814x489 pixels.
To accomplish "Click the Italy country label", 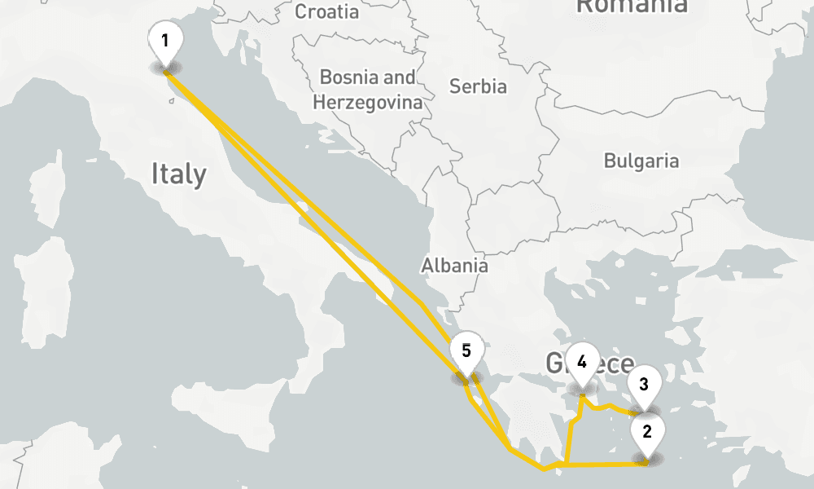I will pos(179,174).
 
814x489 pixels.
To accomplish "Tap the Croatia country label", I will pos(326,11).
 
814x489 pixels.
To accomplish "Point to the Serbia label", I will pos(478,86).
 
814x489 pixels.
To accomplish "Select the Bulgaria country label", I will pos(641,161).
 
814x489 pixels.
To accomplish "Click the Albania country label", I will pos(454,265).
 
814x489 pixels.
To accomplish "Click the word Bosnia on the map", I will pos(349,77).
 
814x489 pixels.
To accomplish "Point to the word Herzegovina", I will pos(368,103).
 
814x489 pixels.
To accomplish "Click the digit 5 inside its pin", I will pos(466,351).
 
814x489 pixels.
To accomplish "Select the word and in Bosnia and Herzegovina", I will pos(399,77).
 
